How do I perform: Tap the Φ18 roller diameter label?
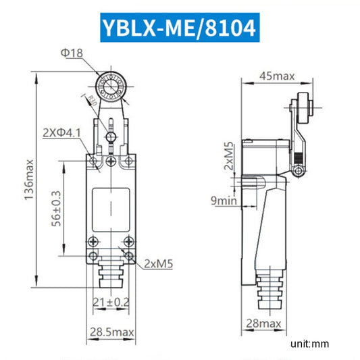point(74,53)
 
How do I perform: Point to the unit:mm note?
point(309,344)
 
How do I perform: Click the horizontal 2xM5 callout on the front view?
point(158,265)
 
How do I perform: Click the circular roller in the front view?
point(111,86)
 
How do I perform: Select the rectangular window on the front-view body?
point(109,208)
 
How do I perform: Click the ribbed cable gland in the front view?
point(109,279)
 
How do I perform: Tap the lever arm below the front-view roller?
point(110,122)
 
